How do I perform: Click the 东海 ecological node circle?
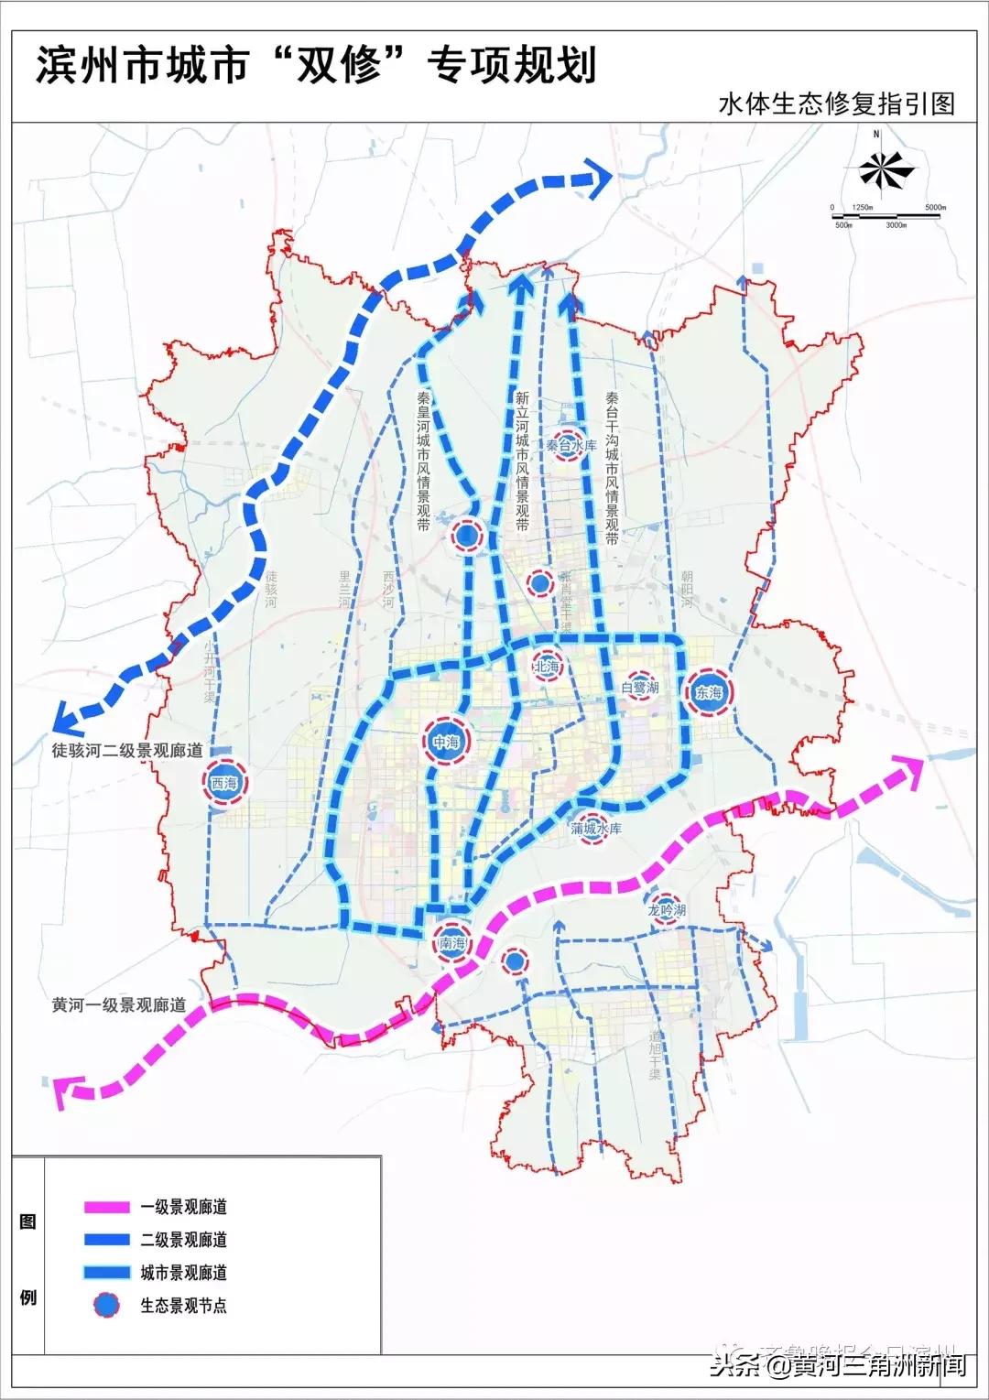pyautogui.click(x=708, y=693)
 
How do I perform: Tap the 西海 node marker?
pyautogui.click(x=223, y=783)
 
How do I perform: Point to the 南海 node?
pyautogui.click(x=452, y=943)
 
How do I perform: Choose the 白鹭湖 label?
pyautogui.click(x=639, y=687)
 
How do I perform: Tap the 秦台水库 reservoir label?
pyautogui.click(x=571, y=445)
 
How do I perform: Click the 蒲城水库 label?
pyautogui.click(x=596, y=829)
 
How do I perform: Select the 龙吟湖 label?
pyautogui.click(x=667, y=910)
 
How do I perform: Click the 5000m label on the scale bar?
pyautogui.click(x=934, y=208)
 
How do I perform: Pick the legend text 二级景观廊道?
pyautogui.click(x=183, y=1240)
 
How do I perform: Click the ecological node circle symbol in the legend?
pyautogui.click(x=107, y=1305)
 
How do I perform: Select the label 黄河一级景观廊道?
pyautogui.click(x=119, y=1004)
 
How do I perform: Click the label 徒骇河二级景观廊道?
pyautogui.click(x=126, y=750)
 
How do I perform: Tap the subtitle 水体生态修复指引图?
pyautogui.click(x=836, y=103)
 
